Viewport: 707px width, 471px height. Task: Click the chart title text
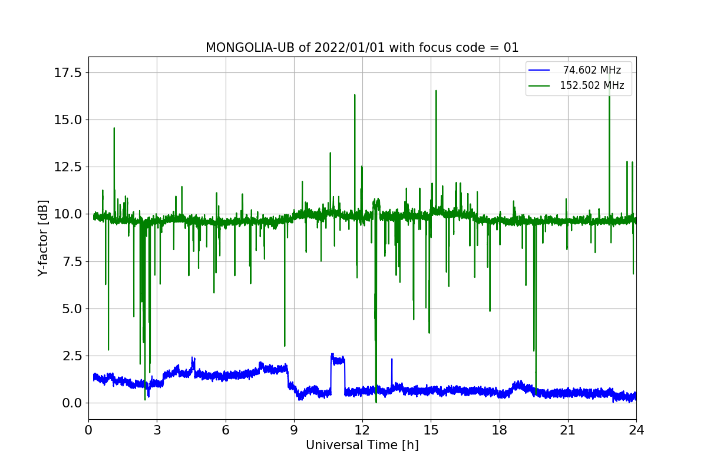coord(362,48)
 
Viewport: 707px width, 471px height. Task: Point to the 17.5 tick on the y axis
coord(68,73)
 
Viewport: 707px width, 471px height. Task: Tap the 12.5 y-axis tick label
coord(68,167)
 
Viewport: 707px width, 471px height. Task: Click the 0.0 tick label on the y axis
coord(72,403)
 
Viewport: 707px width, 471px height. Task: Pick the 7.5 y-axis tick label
coord(72,261)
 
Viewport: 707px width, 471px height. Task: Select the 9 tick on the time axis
coord(294,430)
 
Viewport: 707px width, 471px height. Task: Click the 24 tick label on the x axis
coord(636,430)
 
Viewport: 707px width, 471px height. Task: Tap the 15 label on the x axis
coord(431,430)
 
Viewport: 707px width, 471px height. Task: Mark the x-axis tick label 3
coord(157,430)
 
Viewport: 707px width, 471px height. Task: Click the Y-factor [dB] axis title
coord(42,238)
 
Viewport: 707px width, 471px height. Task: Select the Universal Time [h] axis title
coord(362,445)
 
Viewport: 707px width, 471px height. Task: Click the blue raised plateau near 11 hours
coord(338,360)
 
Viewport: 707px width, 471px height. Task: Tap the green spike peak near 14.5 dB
coord(114,128)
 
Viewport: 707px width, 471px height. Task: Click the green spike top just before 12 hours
coord(355,95)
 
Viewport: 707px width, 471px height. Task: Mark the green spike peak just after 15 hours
coord(436,91)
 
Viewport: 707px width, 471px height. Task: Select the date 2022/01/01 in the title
coord(350,48)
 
